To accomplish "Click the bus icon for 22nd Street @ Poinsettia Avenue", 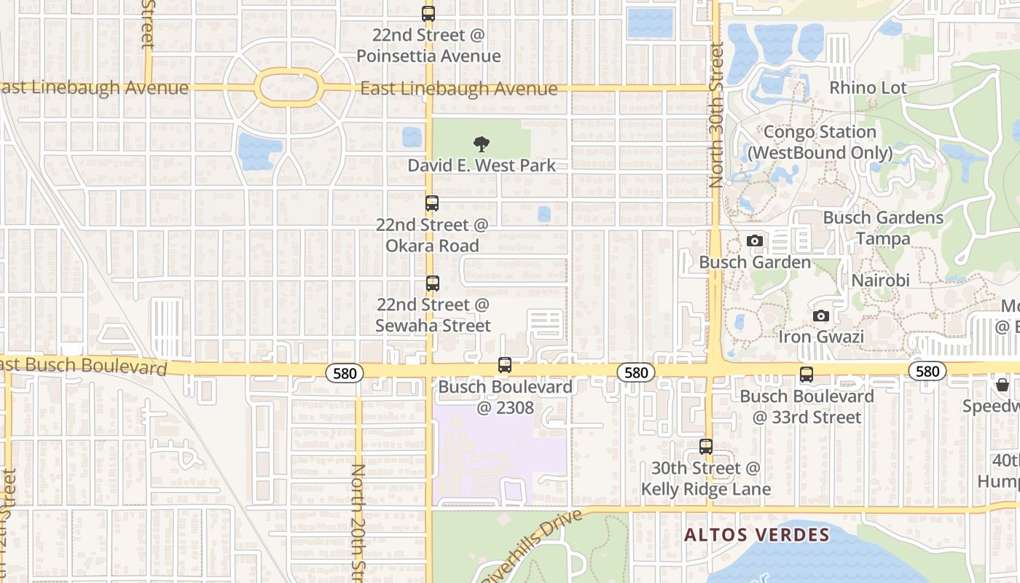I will pyautogui.click(x=428, y=14).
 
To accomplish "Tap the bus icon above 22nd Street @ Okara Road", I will pyautogui.click(x=432, y=203).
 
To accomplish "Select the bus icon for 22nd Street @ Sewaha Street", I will pyautogui.click(x=433, y=283).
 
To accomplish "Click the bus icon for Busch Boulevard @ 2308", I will pyautogui.click(x=505, y=365).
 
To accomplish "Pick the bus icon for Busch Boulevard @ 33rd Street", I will pyautogui.click(x=807, y=375).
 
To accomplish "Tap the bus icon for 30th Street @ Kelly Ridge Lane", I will pyautogui.click(x=706, y=447).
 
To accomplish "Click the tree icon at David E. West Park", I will pyautogui.click(x=481, y=144).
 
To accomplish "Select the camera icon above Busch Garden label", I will pyautogui.click(x=755, y=240).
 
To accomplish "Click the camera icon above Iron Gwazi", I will pyautogui.click(x=821, y=316).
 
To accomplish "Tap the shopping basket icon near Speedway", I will pyautogui.click(x=1003, y=385).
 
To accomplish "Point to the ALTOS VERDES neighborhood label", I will pyautogui.click(x=756, y=535).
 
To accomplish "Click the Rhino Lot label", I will pyautogui.click(x=868, y=88).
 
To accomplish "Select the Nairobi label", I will pyautogui.click(x=881, y=281).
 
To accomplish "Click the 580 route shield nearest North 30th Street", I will pyautogui.click(x=636, y=373).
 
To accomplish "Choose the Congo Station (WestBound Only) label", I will pyautogui.click(x=820, y=142).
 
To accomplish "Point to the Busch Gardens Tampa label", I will pyautogui.click(x=883, y=228).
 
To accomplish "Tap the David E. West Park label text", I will pyautogui.click(x=482, y=165).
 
